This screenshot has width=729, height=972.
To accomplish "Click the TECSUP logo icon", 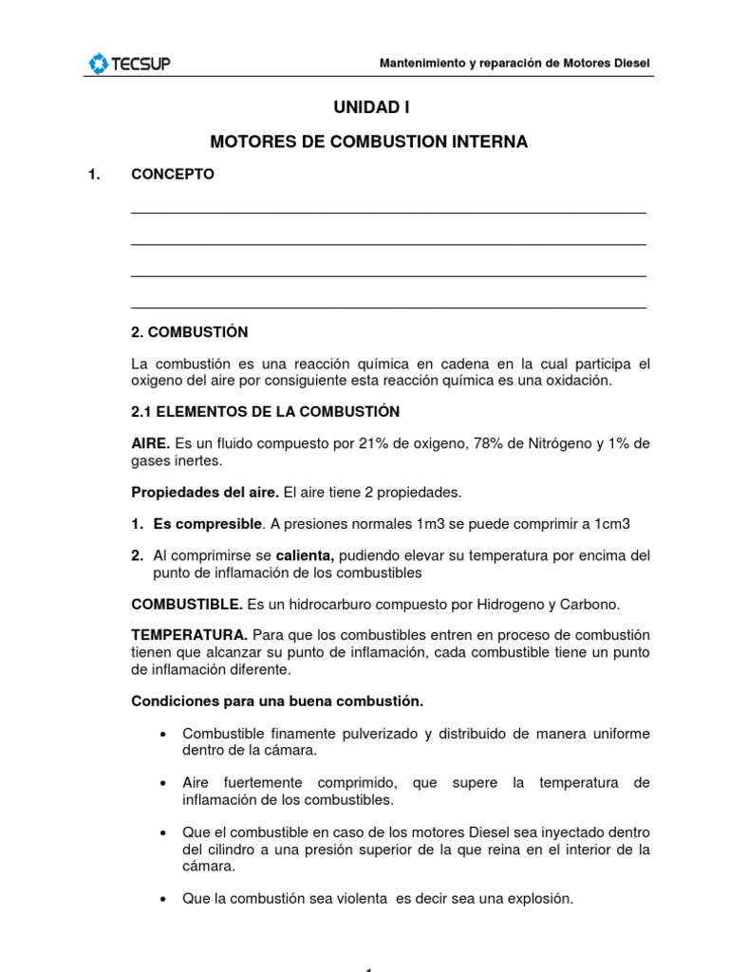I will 99,64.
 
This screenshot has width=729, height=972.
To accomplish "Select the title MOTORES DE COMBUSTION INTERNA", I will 368,142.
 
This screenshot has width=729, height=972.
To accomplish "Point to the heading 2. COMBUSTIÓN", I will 189,332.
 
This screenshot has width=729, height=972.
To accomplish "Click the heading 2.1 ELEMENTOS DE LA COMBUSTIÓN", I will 265,412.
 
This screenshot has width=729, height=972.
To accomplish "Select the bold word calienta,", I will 307,556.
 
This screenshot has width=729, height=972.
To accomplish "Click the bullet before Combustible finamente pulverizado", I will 165,735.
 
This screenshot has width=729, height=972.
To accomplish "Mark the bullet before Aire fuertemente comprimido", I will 165,783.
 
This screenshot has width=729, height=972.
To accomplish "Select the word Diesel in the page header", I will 631,64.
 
